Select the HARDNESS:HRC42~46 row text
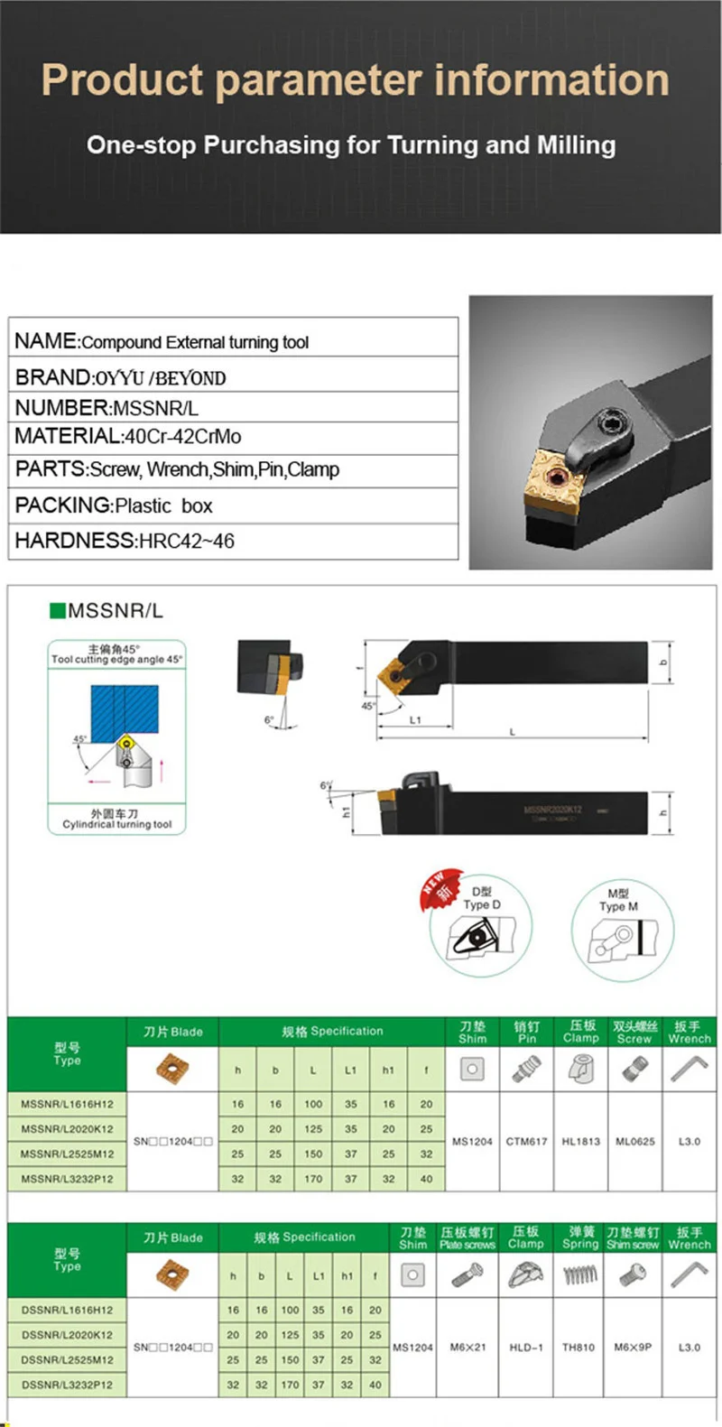tap(125, 541)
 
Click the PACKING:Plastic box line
tap(114, 505)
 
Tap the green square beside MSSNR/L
tap(58, 611)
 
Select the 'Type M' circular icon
tap(619, 930)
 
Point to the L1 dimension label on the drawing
tap(415, 720)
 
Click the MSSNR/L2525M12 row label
tap(68, 1154)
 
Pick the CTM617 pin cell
tap(526, 1142)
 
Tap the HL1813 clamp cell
tap(580, 1142)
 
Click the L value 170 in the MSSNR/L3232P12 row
tap(312, 1179)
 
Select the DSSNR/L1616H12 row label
tap(68, 1310)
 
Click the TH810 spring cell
tap(579, 1348)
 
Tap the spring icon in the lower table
tap(580, 1275)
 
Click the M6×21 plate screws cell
tap(468, 1348)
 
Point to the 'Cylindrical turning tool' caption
tap(117, 824)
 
